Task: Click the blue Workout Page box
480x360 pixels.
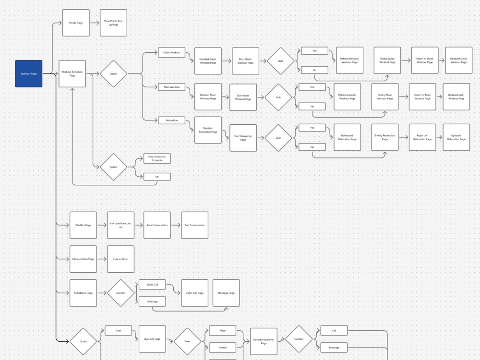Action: coord(29,74)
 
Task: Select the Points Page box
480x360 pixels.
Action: coord(76,23)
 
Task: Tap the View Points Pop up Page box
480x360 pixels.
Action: coord(113,23)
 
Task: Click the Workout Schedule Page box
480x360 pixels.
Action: coord(72,74)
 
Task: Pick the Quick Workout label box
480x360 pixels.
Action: coord(172,52)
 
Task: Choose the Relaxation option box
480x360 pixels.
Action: coord(172,120)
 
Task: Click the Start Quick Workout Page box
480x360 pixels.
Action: coord(245,61)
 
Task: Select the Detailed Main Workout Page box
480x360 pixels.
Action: coord(208,97)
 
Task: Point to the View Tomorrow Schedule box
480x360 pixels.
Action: coord(157,158)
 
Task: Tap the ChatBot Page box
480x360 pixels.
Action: coord(83,225)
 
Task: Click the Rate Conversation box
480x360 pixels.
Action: coord(157,225)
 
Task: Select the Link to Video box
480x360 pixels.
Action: coord(120,259)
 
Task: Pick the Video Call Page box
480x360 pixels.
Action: coord(195,293)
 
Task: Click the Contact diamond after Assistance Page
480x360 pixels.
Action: coord(120,293)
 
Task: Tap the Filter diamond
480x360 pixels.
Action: coord(187,341)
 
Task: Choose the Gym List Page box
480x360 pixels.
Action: coord(152,339)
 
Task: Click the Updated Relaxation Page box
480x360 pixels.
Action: coord(456,137)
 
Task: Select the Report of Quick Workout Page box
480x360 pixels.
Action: coord(425,60)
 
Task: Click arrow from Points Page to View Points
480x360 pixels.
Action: coord(95,23)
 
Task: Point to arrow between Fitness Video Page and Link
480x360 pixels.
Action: coord(102,259)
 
